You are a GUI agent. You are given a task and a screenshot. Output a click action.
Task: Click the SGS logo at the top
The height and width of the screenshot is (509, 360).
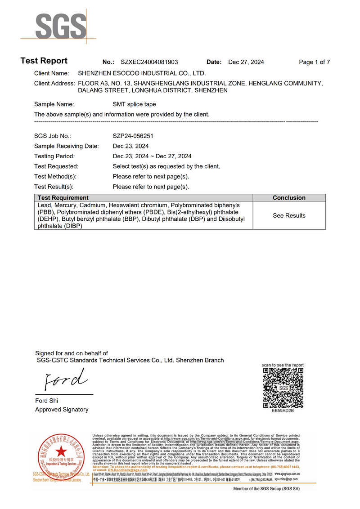click(x=61, y=26)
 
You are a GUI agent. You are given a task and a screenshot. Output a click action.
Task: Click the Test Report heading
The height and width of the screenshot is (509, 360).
click(x=44, y=61)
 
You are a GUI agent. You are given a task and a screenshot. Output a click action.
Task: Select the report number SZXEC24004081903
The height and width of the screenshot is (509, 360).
click(x=149, y=62)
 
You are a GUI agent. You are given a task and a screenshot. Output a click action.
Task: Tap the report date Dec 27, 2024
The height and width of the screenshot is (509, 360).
click(x=246, y=62)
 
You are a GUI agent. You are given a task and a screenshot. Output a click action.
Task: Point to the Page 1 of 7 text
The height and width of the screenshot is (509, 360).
click(x=315, y=62)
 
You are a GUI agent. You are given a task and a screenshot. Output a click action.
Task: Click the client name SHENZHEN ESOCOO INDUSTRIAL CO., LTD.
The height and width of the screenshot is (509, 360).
click(x=142, y=73)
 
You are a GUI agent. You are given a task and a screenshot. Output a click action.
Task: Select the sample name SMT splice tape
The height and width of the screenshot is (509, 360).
click(x=134, y=104)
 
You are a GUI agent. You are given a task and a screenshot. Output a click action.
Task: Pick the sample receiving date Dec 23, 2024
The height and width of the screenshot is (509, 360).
click(x=130, y=146)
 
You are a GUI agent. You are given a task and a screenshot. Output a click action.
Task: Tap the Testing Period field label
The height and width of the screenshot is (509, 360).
click(x=54, y=156)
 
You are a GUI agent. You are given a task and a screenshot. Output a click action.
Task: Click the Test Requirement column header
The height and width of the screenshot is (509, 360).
click(x=63, y=198)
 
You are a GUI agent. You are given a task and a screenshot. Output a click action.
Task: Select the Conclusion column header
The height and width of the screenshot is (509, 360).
click(x=289, y=198)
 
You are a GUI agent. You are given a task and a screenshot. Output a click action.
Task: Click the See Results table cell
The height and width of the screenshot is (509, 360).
click(x=289, y=216)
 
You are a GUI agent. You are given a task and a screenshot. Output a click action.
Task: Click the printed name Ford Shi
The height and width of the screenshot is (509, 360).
click(x=47, y=401)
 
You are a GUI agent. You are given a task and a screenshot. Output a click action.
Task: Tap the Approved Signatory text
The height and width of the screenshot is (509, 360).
click(x=62, y=410)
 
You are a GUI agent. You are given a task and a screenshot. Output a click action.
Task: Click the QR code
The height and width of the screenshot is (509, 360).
click(x=283, y=387)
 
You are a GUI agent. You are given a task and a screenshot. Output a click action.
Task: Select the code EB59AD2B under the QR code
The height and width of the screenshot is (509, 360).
click(x=283, y=411)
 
